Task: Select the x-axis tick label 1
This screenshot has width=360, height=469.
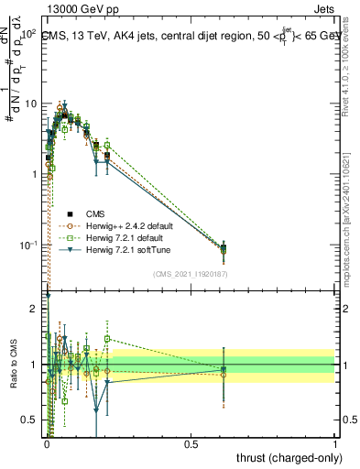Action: pyautogui.click(x=335, y=443)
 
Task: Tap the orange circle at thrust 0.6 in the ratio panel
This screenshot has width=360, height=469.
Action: pyautogui.click(x=224, y=375)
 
